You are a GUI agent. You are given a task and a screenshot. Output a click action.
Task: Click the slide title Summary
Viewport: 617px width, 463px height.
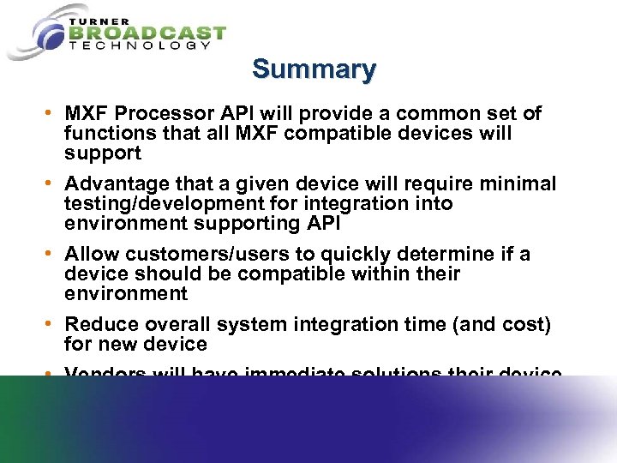tap(314, 69)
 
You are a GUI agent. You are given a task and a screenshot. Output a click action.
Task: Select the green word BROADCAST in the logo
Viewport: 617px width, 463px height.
tap(147, 33)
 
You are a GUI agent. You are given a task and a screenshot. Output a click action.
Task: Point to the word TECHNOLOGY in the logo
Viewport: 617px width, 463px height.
tap(139, 46)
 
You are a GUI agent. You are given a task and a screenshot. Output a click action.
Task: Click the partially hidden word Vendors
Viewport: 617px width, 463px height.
tap(105, 373)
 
